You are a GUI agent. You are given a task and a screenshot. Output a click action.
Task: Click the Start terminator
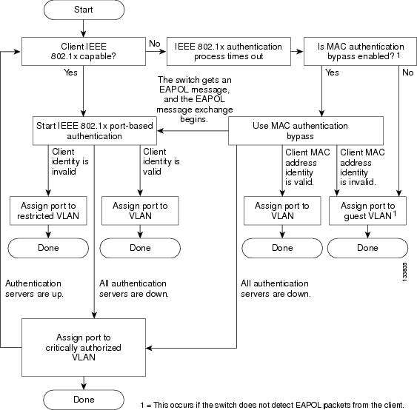(84, 10)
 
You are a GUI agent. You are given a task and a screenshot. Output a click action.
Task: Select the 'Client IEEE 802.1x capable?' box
(84, 51)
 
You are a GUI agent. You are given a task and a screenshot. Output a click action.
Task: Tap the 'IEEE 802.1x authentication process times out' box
(229, 51)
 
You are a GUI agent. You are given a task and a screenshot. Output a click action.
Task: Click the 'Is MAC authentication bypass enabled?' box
(360, 51)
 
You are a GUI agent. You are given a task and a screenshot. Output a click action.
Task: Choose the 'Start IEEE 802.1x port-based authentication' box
(95, 131)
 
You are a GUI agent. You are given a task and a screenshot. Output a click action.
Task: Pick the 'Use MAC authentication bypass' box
(306, 131)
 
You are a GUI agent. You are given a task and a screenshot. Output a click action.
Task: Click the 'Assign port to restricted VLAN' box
(48, 211)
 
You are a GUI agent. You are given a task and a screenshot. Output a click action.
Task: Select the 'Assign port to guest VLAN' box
(368, 211)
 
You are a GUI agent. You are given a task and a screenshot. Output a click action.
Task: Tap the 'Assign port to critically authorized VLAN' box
(84, 347)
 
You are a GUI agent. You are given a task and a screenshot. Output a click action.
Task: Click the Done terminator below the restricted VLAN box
(48, 248)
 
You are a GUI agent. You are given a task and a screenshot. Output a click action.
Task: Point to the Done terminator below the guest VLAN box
(367, 248)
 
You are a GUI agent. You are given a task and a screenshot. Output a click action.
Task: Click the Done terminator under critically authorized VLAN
(84, 400)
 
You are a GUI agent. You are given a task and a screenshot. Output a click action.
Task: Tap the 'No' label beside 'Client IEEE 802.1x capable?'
(155, 44)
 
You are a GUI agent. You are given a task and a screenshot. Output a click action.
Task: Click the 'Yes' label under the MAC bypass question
(332, 73)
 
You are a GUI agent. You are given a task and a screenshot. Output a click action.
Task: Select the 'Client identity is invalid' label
(70, 161)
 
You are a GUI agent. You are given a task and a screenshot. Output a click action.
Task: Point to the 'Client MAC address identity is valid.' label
(307, 167)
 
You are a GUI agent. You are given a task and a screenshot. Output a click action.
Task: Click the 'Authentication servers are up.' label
(34, 289)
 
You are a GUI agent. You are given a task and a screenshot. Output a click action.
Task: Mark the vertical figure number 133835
(404, 272)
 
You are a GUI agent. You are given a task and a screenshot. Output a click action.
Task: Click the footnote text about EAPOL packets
(273, 405)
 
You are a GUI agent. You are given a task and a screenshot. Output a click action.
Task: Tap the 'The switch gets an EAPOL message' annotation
(195, 99)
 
